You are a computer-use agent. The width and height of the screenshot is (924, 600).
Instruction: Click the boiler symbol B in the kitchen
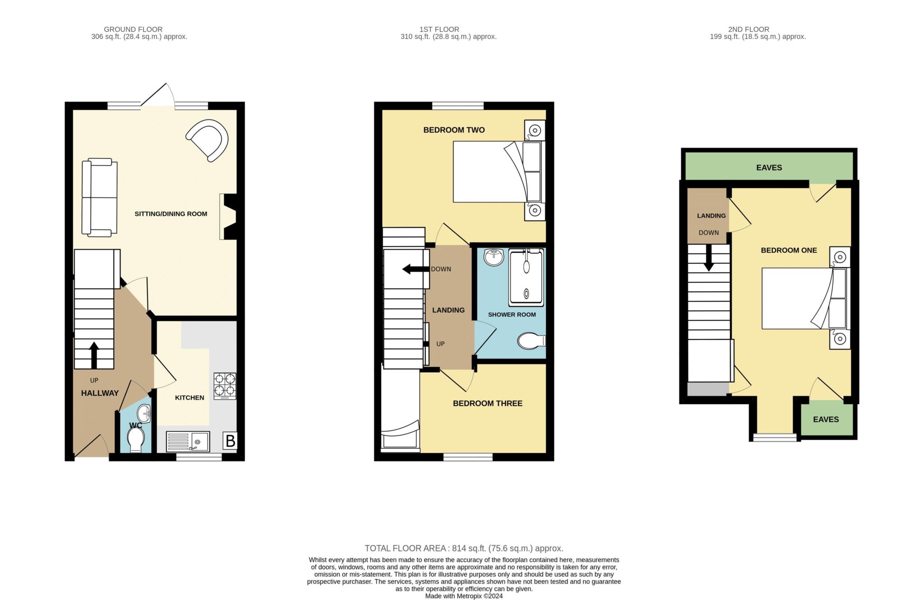coord(230,441)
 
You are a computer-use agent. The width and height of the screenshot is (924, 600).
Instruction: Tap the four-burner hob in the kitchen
coord(225,386)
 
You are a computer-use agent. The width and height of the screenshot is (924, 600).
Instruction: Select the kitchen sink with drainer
coord(188,441)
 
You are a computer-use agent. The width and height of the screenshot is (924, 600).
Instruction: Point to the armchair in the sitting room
coord(208,140)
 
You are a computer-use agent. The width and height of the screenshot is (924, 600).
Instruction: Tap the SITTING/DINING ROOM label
coord(171,214)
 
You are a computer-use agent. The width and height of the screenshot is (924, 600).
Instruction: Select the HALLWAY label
coord(100,393)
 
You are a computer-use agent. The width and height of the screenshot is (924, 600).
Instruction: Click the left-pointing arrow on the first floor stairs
coord(416,269)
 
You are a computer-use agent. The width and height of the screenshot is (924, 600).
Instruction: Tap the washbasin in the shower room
coord(494,258)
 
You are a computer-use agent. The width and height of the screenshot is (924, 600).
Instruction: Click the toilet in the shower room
coord(531,341)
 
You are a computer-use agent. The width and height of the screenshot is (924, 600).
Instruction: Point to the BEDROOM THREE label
coord(488,403)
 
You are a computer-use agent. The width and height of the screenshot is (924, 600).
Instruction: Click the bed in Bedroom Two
coord(499,171)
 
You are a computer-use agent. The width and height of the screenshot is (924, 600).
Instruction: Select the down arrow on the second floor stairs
coord(708,258)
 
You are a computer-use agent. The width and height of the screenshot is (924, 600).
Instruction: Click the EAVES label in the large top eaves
coord(769,167)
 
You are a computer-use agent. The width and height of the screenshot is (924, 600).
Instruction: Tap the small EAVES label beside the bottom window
coord(826,419)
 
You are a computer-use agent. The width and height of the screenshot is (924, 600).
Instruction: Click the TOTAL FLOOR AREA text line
coord(464,549)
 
